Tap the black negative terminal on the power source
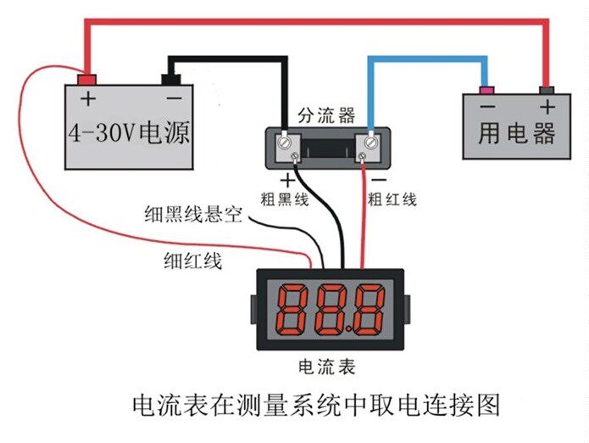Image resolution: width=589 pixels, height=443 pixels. coord(172,81)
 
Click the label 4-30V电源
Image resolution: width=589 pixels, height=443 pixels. coord(129,132)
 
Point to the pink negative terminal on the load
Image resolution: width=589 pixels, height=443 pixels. coord(486,89)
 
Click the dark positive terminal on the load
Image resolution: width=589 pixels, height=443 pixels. coord(547,89)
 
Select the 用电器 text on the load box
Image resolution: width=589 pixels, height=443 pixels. coord(516,133)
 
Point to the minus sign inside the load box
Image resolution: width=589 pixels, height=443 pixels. coord(486,108)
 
